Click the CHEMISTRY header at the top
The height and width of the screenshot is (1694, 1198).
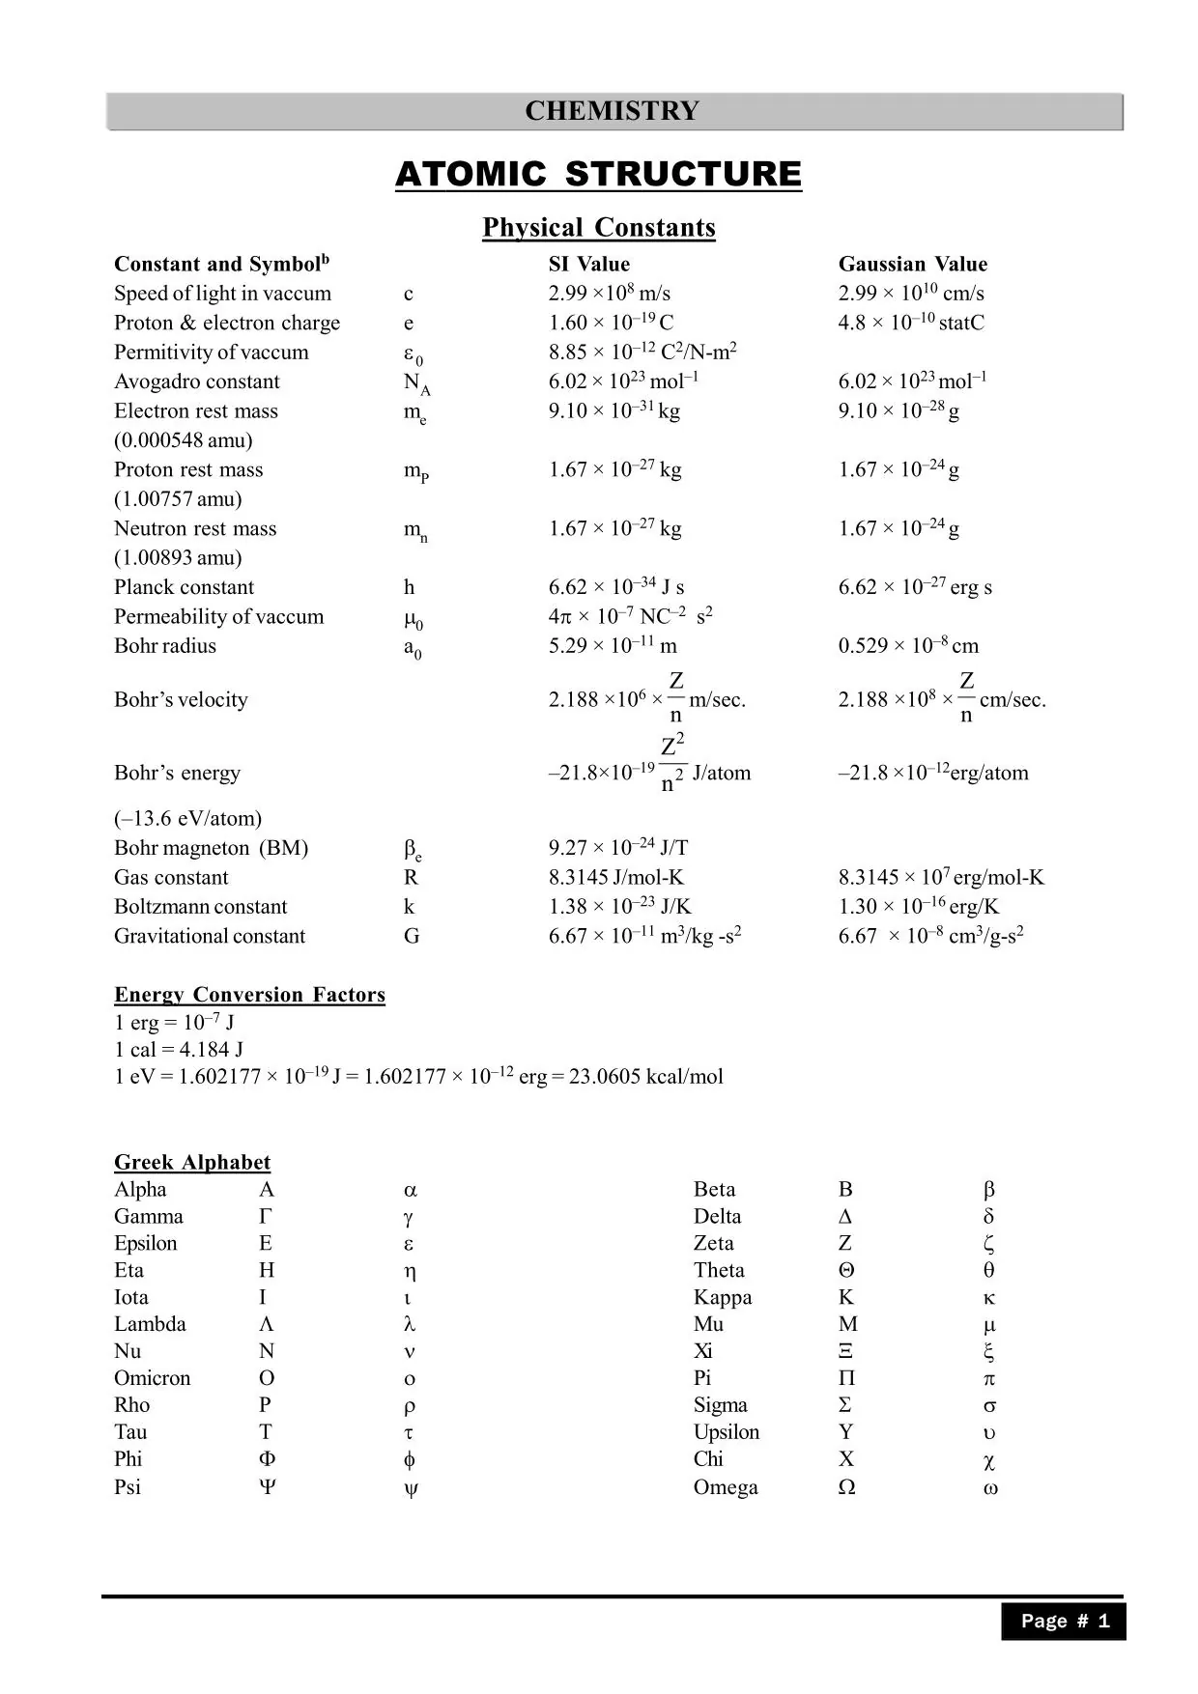[x=612, y=111]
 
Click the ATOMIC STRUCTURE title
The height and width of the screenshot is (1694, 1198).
[x=598, y=174]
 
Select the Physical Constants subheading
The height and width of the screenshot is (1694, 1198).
[x=599, y=228]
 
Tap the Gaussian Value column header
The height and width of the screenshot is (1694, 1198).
[x=912, y=264]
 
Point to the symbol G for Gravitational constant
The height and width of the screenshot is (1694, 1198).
[x=412, y=936]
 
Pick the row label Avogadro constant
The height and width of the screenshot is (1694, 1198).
[x=197, y=381]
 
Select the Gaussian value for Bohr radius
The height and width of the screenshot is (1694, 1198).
[x=908, y=645]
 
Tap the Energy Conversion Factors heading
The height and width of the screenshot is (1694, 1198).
[x=249, y=995]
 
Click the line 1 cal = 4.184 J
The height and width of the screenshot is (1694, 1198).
[x=179, y=1049]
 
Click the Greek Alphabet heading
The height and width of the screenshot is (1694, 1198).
[x=192, y=1162]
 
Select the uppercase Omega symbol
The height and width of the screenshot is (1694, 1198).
[x=846, y=1487]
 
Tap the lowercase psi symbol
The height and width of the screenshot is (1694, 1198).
[x=411, y=1488]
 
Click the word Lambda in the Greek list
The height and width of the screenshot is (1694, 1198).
[x=150, y=1324]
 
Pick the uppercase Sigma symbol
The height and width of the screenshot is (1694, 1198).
[x=845, y=1405]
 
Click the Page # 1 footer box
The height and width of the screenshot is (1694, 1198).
[x=1064, y=1622]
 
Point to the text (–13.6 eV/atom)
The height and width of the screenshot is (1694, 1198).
[x=187, y=818]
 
